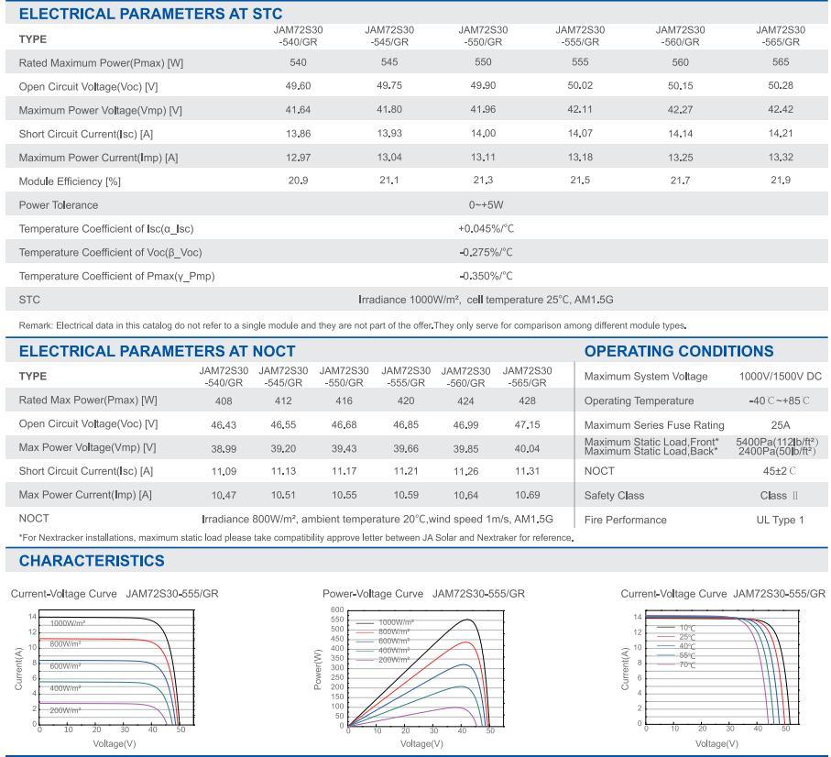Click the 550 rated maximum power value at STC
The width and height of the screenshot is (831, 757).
pos(483,62)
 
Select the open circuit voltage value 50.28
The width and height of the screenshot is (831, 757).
pos(780,86)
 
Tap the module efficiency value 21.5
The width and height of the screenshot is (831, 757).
pos(580,181)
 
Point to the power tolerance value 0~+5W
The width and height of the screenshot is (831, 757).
pos(486,204)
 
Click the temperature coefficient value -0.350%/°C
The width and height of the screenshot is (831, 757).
pos(486,276)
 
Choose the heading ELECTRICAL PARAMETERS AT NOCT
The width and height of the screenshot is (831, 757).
pos(157,351)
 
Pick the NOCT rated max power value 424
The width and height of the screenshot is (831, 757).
pos(465,400)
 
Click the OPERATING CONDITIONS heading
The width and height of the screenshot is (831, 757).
pos(678,351)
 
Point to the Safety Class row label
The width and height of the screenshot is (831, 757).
pos(614,496)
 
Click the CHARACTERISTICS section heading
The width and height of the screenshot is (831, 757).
pos(92,561)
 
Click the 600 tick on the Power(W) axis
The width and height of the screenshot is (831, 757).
pos(336,609)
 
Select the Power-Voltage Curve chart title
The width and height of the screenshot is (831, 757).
pos(424,594)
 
